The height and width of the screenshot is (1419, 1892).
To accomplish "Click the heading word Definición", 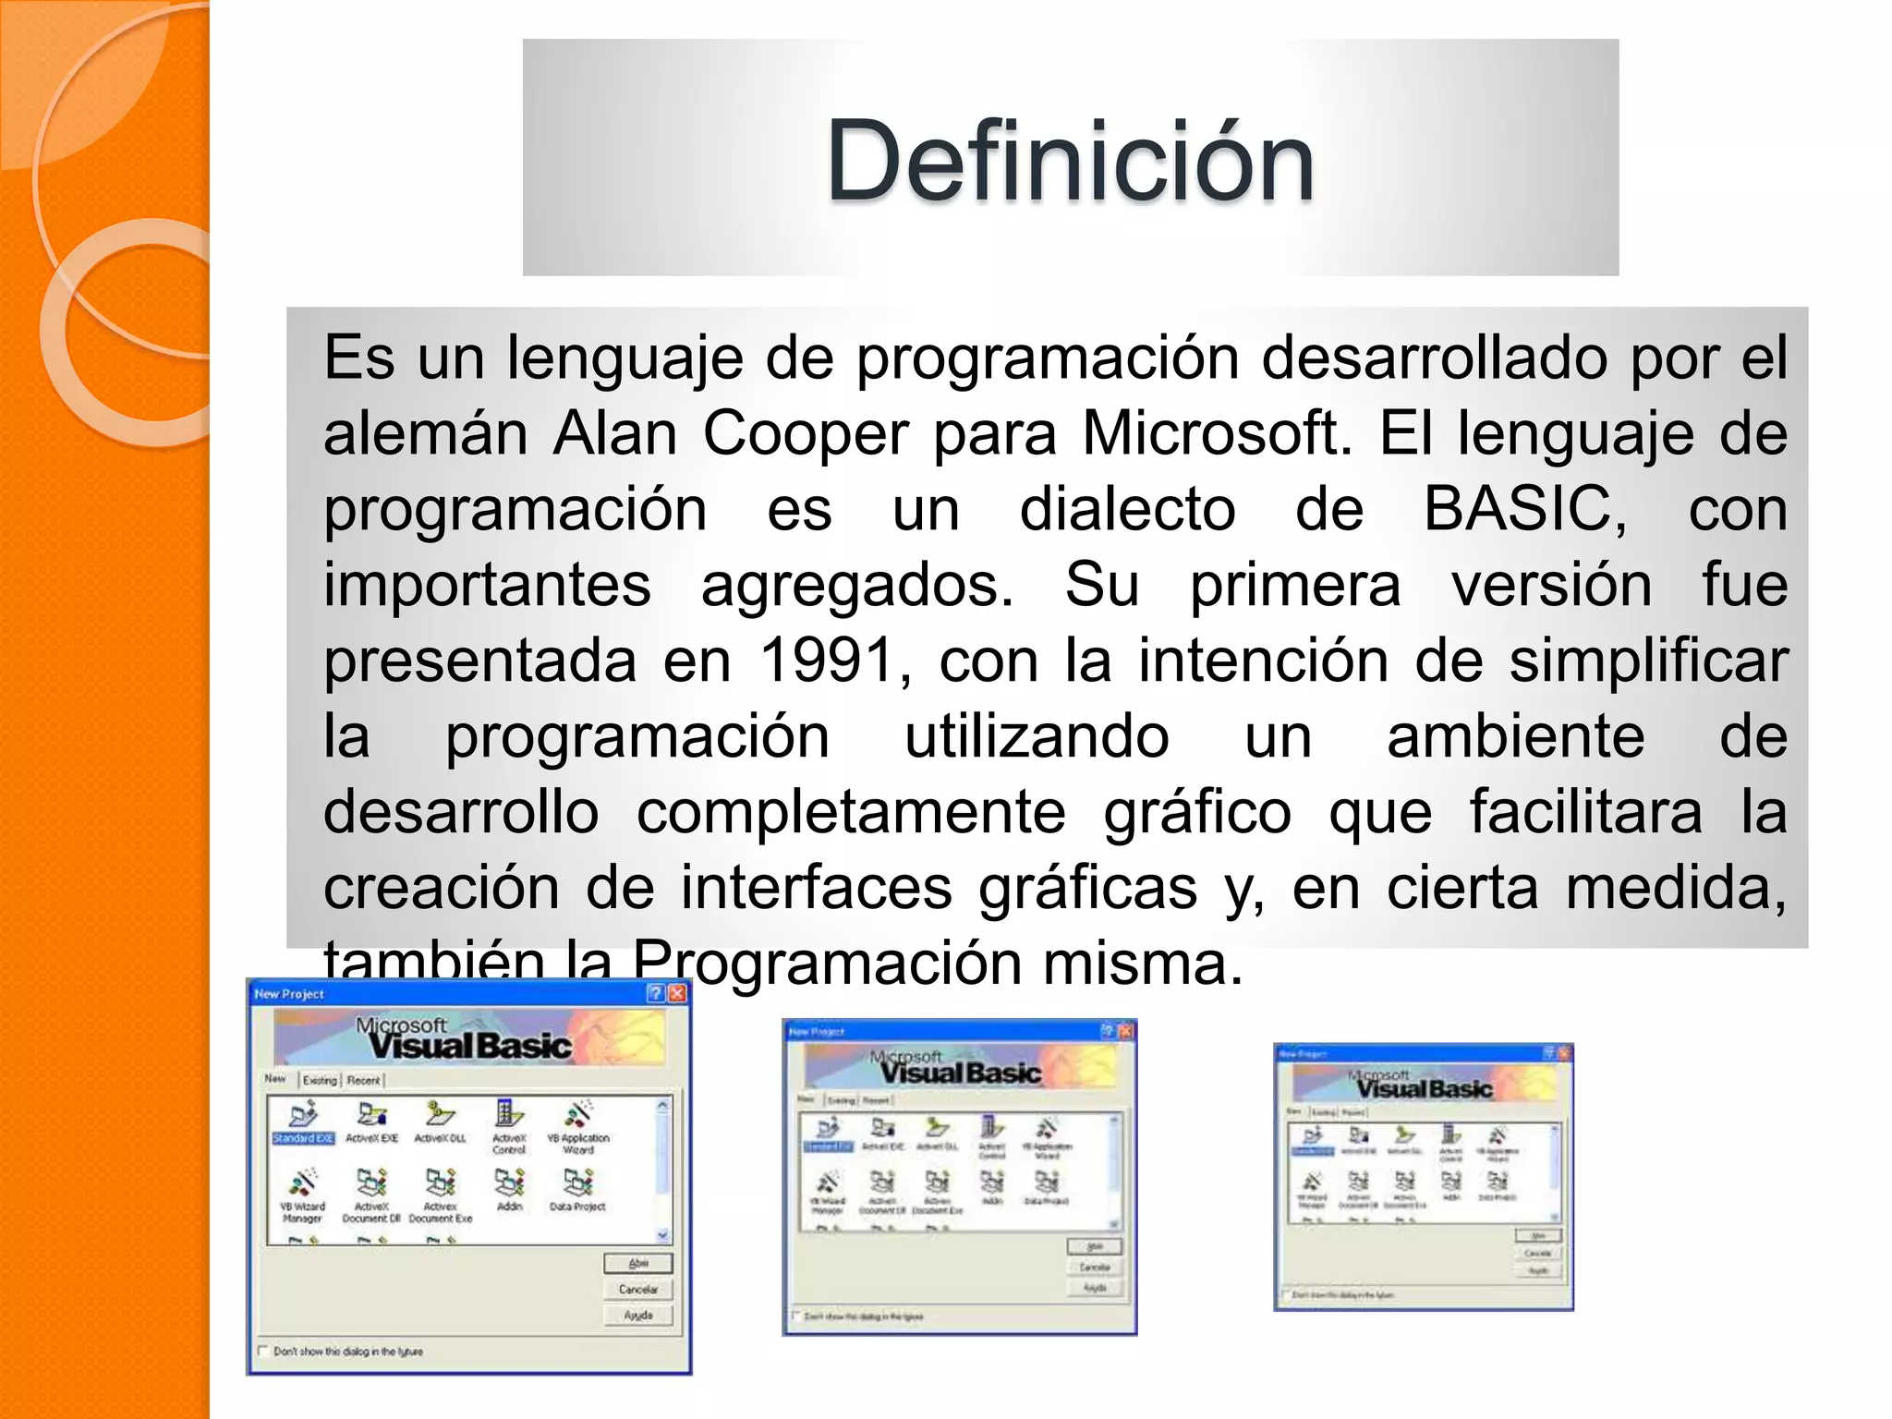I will tap(1070, 162).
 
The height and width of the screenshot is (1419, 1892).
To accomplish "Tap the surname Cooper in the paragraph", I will tap(805, 433).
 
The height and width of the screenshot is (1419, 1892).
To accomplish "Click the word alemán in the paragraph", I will tap(425, 433).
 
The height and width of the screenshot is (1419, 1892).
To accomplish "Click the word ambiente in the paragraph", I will tap(1515, 736).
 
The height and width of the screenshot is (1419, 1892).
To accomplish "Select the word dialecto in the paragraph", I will tap(1127, 509).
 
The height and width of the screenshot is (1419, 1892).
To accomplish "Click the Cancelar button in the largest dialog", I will tap(638, 1289).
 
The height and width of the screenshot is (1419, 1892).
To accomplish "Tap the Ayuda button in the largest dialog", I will tap(638, 1315).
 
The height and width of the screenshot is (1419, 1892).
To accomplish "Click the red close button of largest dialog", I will tap(677, 993).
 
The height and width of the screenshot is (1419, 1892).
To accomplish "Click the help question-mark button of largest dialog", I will tap(656, 993).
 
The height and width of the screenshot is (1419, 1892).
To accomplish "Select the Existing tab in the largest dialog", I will tap(320, 1080).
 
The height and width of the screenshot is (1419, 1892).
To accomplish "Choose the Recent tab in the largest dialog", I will tap(363, 1080).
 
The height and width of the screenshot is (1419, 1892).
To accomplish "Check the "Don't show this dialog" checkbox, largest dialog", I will tap(262, 1351).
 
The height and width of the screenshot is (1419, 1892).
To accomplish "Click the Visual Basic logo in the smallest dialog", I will tap(1423, 1085).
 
